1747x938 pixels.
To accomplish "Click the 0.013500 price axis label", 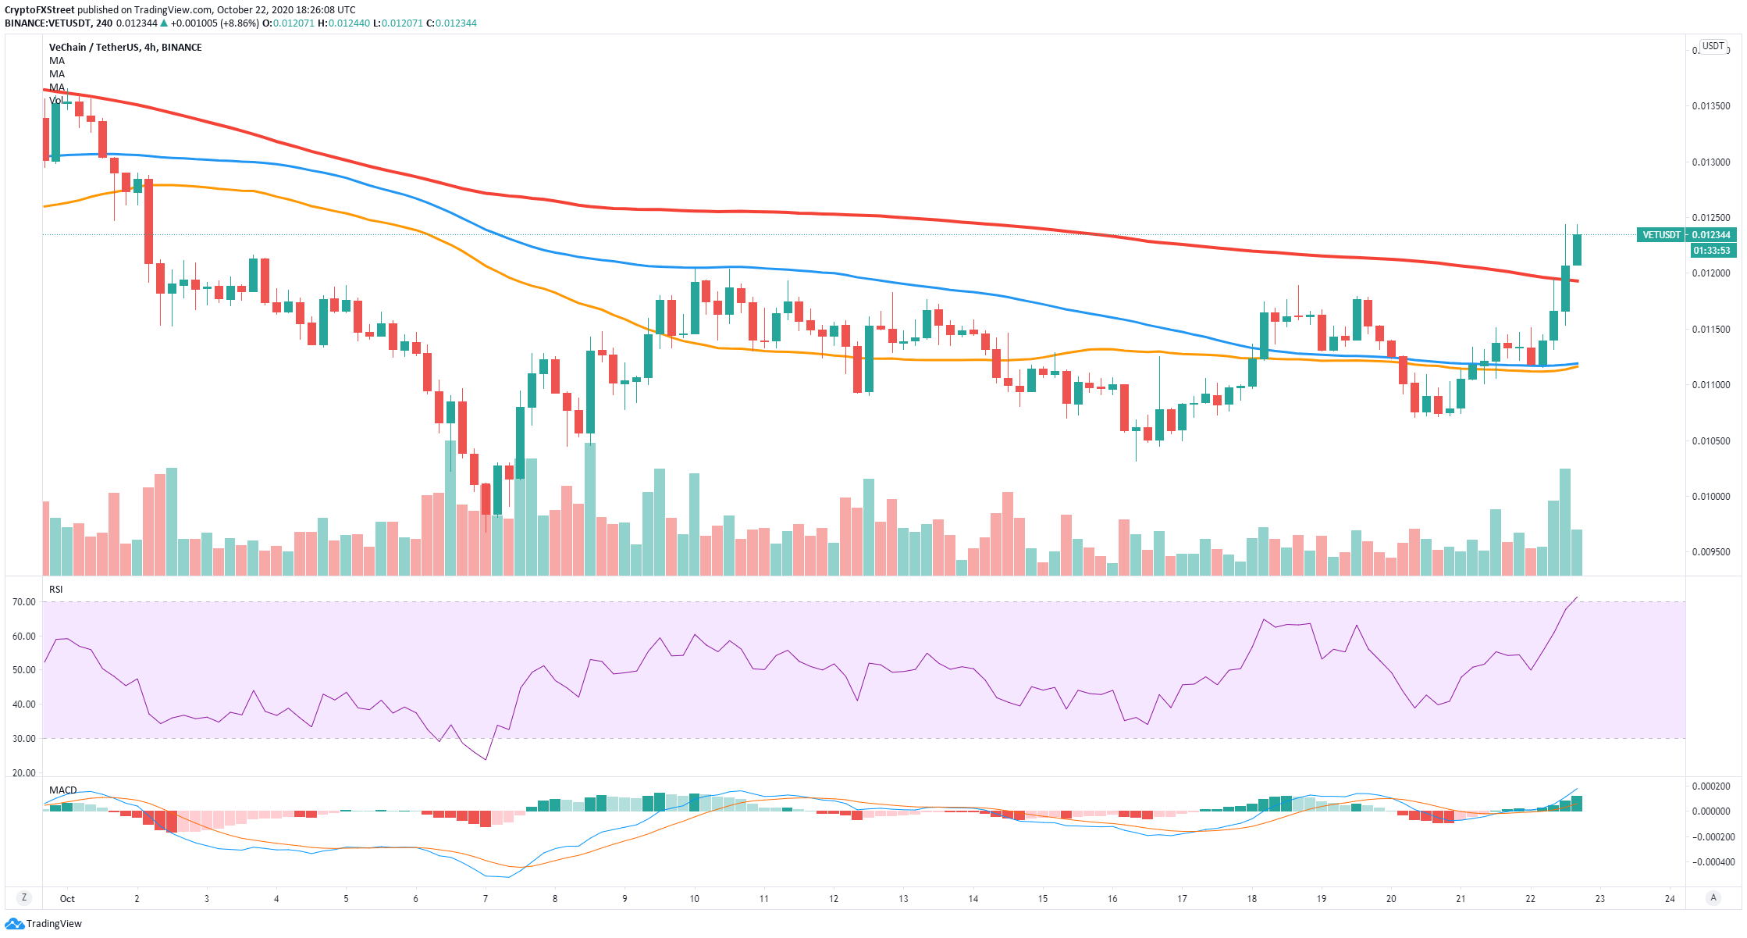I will (x=1710, y=106).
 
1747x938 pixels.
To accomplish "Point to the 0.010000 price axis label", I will (x=1710, y=497).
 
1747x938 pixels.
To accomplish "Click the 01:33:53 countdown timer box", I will (x=1711, y=251).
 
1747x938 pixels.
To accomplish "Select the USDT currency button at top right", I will (x=1713, y=47).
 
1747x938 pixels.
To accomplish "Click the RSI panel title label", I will (x=56, y=590).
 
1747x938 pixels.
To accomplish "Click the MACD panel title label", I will (x=63, y=790).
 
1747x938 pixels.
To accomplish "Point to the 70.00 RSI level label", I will (x=24, y=602).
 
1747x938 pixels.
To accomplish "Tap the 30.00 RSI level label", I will (x=24, y=739).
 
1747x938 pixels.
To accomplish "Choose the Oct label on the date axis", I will (x=68, y=899).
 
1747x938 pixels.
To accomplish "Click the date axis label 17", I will (x=1182, y=899).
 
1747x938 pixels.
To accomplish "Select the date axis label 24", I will (x=1670, y=899).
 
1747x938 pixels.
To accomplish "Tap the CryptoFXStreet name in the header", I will (x=40, y=10).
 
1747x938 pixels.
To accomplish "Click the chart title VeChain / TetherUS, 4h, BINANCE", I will (x=126, y=48).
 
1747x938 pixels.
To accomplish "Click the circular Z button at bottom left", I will (x=24, y=898).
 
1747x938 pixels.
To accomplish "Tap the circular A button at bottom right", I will (x=1713, y=898).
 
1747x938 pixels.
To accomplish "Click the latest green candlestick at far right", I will (x=1577, y=250).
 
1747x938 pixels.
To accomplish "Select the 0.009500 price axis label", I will (x=1710, y=552).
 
